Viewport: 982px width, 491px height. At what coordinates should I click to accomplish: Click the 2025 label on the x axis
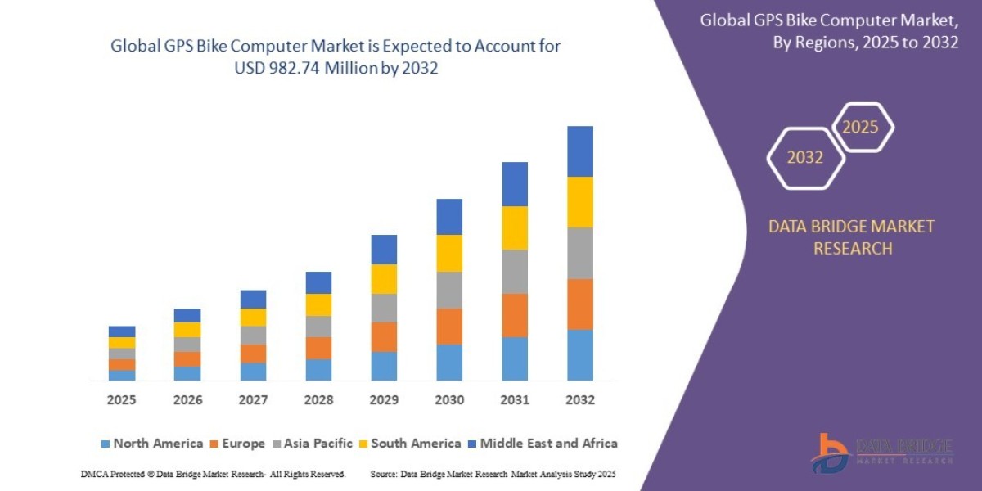click(x=122, y=400)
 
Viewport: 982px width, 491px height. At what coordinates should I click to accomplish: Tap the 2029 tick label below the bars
click(x=384, y=400)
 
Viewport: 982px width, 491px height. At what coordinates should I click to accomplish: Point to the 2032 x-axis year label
click(x=580, y=400)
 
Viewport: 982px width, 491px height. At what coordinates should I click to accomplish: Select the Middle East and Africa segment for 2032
click(x=580, y=151)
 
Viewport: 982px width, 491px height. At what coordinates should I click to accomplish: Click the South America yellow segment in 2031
click(x=515, y=227)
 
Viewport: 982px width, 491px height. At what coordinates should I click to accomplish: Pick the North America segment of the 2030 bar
click(x=449, y=362)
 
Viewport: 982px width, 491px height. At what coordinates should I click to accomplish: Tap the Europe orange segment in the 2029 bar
click(x=384, y=337)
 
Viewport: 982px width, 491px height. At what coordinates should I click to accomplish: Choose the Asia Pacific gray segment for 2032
click(x=580, y=253)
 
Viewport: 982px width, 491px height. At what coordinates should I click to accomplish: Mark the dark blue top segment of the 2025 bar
click(x=122, y=331)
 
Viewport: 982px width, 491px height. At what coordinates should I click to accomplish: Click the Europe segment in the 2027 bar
click(x=253, y=354)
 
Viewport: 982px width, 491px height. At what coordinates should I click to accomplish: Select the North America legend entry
click(x=151, y=444)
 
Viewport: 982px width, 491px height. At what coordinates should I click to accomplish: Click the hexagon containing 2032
click(x=805, y=158)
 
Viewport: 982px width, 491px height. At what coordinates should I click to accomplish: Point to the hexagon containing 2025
click(x=861, y=128)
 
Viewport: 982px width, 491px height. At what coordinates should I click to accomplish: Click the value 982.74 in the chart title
click(x=304, y=69)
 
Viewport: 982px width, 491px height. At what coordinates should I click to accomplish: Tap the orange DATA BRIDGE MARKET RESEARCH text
click(x=851, y=237)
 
